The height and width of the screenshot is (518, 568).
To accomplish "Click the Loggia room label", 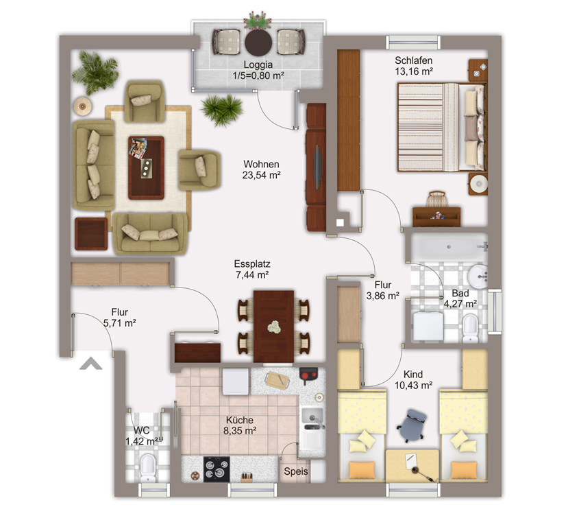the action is click(x=258, y=71).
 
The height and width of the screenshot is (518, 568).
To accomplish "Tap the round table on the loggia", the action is click(x=258, y=43).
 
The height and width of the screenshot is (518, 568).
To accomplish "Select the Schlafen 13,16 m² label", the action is click(x=414, y=66).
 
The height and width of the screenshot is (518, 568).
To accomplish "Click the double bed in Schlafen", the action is click(x=441, y=128).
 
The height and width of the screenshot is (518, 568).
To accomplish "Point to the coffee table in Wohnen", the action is click(x=146, y=167).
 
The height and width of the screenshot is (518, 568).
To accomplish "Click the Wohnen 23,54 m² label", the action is click(x=261, y=169).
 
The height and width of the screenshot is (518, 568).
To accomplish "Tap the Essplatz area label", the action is click(x=252, y=269).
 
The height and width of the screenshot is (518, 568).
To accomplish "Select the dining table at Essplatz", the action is click(x=273, y=326).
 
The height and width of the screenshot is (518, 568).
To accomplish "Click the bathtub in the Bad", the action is click(x=449, y=247).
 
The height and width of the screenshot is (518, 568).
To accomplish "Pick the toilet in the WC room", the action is click(x=148, y=468).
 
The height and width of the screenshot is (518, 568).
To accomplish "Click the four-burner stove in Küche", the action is click(x=217, y=469).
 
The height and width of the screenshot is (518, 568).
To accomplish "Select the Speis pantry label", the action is click(x=295, y=471).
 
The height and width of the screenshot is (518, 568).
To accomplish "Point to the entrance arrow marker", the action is click(x=91, y=364).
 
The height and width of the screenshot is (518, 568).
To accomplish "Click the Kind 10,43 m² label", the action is click(x=413, y=379).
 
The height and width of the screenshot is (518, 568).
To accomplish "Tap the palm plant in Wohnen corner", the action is click(x=95, y=73).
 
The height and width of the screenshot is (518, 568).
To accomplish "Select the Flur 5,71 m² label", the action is click(x=119, y=318).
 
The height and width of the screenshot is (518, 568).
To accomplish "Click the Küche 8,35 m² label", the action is click(x=240, y=425).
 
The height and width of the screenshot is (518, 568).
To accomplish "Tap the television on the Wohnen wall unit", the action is click(x=317, y=167).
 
